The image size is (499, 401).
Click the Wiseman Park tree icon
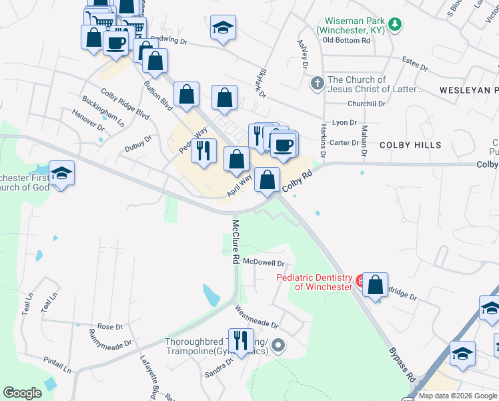tap(396, 25)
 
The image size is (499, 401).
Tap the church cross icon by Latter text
tap(318, 84)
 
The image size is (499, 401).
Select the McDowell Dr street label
tap(264, 263)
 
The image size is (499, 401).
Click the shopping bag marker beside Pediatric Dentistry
tap(376, 284)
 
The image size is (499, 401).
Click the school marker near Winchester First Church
tap(61, 174)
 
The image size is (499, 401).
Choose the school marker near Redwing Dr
tap(223, 27)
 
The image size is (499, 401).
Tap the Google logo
tap(22, 393)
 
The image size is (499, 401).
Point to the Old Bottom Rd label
tap(346, 40)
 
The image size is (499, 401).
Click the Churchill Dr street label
tap(366, 104)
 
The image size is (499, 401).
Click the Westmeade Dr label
tap(257, 317)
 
